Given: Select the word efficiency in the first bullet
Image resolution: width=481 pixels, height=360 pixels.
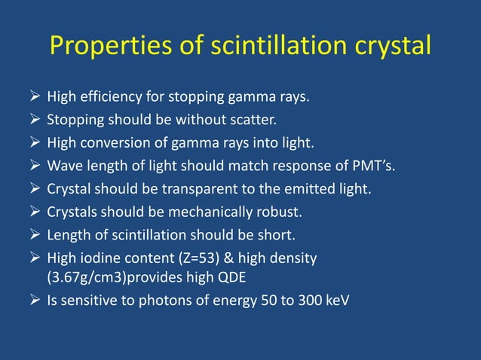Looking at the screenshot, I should pyautogui.click(x=109, y=97).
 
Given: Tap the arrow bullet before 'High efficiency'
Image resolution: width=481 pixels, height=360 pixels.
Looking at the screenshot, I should pyautogui.click(x=35, y=97).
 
